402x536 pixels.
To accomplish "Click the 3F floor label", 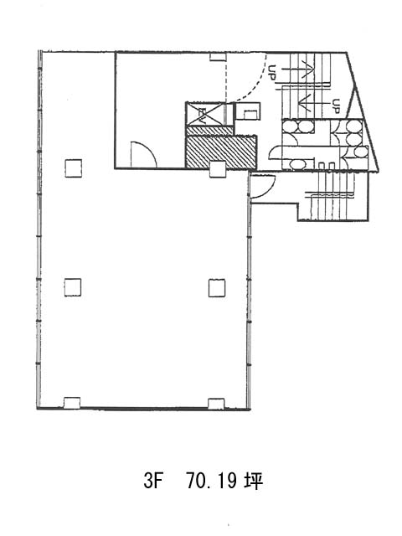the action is click(152, 482).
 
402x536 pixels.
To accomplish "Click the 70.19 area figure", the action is click(212, 482).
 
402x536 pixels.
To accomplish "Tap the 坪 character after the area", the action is click(253, 482).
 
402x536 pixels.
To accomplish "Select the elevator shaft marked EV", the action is click(204, 114).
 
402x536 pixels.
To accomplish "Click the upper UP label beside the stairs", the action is click(272, 73).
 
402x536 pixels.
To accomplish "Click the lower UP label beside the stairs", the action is click(336, 106).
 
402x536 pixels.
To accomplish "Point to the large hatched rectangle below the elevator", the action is click(221, 152).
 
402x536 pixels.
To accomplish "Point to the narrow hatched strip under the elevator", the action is click(209, 131).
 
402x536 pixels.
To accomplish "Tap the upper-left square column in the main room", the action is click(74, 168).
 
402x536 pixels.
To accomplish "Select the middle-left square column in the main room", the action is click(73, 287).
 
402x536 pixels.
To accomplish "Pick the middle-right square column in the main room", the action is click(217, 288).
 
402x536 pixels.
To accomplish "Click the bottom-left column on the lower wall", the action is click(72, 403).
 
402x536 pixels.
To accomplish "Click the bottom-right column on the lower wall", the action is click(216, 404).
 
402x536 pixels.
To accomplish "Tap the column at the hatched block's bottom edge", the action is click(218, 169).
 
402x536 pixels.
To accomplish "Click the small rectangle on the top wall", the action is click(218, 57).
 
